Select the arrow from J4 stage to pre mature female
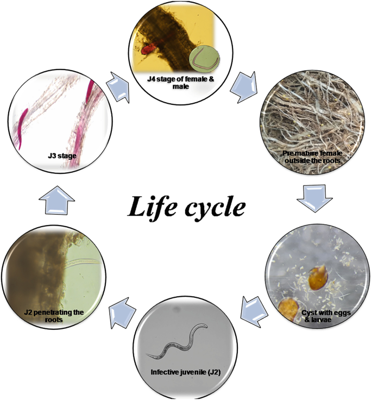[x=242, y=87]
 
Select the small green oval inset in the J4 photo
[x=203, y=58]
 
